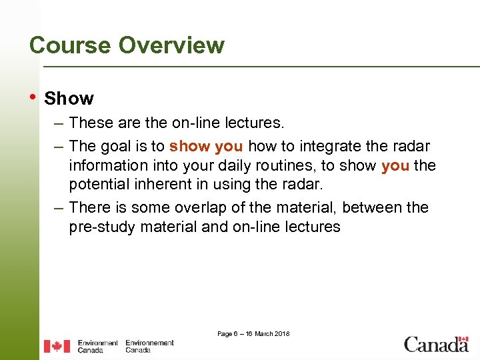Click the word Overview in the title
click(x=171, y=45)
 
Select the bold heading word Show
click(x=69, y=99)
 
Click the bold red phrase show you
click(x=205, y=146)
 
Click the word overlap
click(x=190, y=207)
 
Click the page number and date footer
click(x=253, y=333)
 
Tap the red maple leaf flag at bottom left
click(x=57, y=346)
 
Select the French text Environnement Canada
click(x=149, y=346)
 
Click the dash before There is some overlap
click(x=59, y=207)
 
